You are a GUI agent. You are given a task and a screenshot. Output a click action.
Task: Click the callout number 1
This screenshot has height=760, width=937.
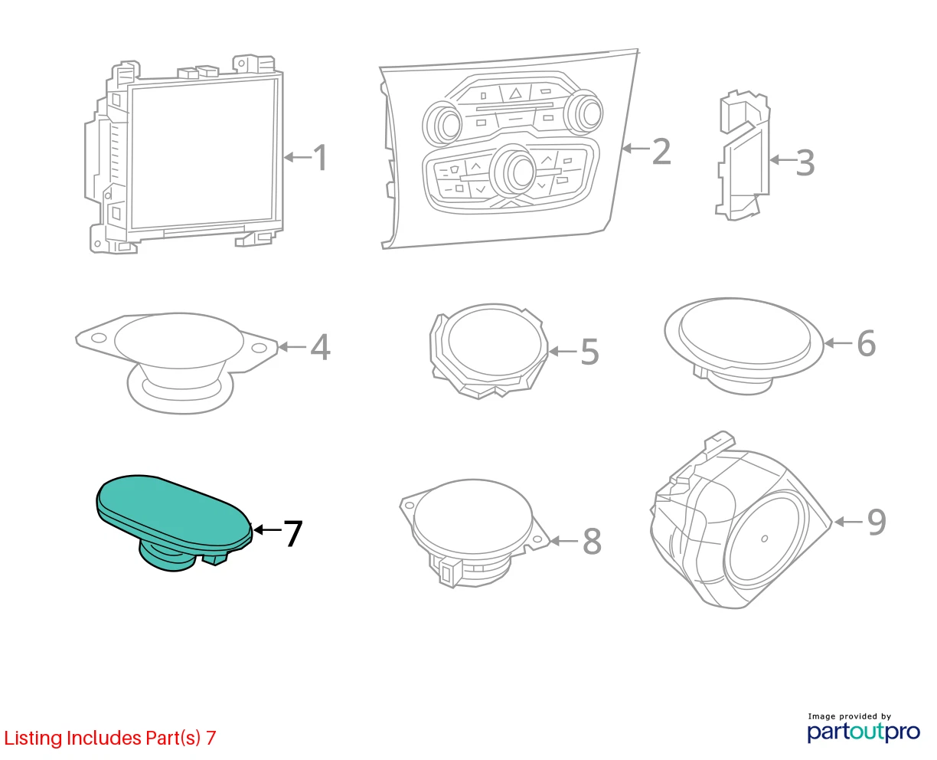(x=320, y=157)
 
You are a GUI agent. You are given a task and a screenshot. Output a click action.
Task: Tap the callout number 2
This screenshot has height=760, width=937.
(x=661, y=152)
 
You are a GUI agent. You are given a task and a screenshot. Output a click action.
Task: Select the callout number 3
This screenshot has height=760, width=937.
(x=805, y=162)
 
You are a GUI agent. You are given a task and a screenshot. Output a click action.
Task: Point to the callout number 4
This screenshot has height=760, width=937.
(x=320, y=347)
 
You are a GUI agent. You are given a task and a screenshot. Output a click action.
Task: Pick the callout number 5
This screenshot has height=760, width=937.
(x=590, y=352)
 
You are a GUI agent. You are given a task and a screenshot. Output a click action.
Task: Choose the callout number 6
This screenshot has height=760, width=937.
(x=866, y=342)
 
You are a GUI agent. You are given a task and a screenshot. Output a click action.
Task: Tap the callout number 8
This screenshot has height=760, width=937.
(x=592, y=541)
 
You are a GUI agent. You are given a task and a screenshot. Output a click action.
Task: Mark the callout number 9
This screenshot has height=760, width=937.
(x=877, y=522)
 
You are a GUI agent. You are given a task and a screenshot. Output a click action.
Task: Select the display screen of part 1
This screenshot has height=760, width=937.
(x=203, y=152)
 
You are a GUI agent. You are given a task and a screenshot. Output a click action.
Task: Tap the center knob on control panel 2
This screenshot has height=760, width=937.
(x=515, y=171)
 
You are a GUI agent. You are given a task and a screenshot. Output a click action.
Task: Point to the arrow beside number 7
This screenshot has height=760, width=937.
(x=267, y=529)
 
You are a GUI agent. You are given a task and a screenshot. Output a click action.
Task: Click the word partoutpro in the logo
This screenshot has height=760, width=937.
(x=863, y=732)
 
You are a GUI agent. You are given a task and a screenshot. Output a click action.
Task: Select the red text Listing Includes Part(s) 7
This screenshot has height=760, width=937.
(x=110, y=738)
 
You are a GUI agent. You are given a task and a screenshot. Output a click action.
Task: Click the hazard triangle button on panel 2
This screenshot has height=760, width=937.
(x=515, y=93)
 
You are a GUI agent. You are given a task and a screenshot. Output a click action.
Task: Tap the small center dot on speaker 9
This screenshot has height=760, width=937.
(x=765, y=539)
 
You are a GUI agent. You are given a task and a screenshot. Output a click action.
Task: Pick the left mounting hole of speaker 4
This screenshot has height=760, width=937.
(x=99, y=338)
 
